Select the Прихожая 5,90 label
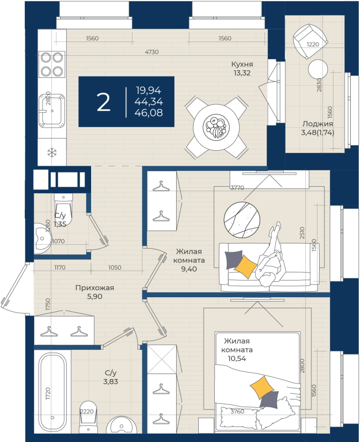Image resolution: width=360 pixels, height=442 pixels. tap(94, 291)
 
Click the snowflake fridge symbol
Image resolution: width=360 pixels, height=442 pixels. tap(51, 152)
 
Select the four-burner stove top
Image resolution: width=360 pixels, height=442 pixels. tap(51, 64)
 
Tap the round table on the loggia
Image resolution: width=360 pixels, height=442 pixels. tap(318, 70)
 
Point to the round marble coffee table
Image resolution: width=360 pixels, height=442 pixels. tap(241, 220)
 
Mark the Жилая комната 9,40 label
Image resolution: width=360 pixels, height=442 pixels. tap(189, 260)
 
